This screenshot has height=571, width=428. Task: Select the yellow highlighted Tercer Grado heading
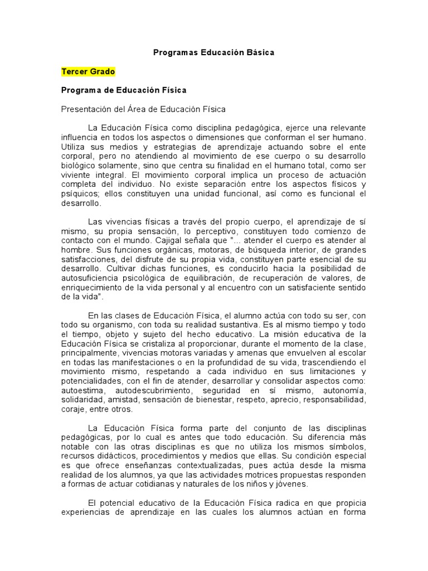(88, 71)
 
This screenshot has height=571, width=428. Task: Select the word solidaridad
(82, 400)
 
